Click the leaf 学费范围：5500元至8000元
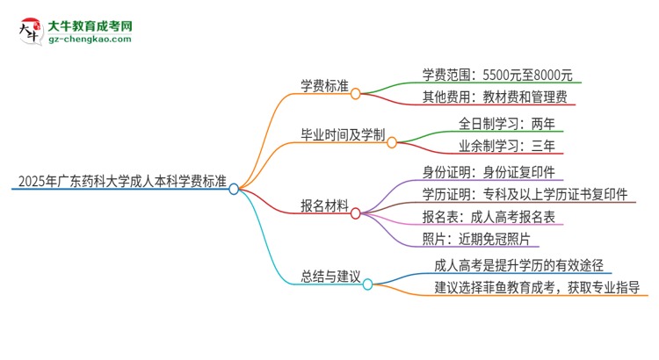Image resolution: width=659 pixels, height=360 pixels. [496, 75]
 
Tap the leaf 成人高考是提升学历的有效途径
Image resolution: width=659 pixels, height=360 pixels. [518, 264]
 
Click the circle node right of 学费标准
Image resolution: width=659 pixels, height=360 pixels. [356, 92]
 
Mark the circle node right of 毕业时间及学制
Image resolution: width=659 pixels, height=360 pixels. [392, 140]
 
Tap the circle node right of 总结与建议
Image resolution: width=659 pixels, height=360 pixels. [368, 284]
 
